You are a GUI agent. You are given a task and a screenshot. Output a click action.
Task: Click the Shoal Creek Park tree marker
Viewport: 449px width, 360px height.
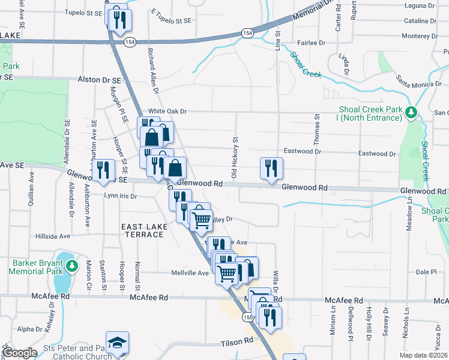[411, 112]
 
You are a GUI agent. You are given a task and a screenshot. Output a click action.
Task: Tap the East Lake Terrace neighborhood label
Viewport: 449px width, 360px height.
[142, 230]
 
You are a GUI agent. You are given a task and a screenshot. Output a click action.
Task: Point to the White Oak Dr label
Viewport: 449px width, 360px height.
[168, 111]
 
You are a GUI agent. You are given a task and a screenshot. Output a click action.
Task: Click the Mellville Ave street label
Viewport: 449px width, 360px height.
[190, 273]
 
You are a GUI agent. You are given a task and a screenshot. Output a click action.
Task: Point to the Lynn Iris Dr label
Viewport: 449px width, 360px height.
[120, 196]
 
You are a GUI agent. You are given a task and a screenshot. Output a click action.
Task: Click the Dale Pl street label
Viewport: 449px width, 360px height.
[425, 272]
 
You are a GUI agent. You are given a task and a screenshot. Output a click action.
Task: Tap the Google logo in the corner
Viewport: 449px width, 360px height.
[20, 352]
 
